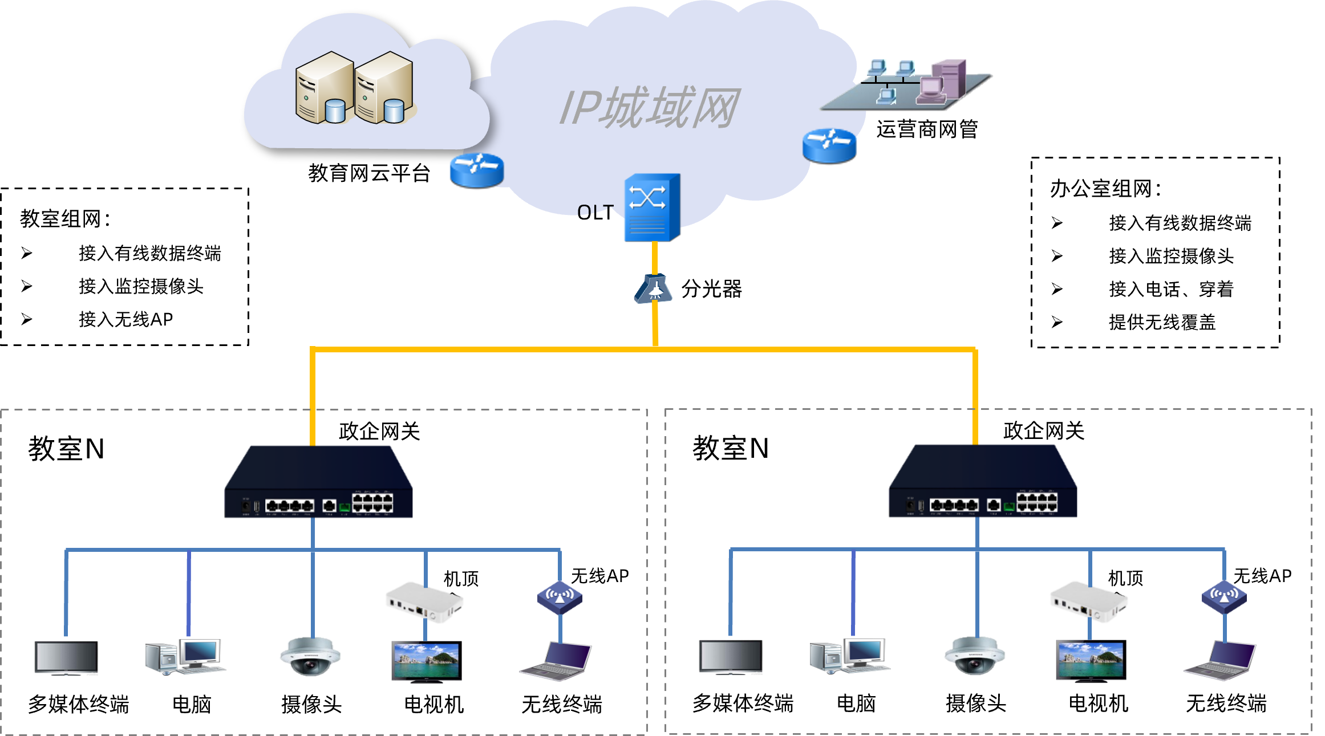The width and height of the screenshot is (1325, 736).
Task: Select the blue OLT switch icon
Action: click(x=651, y=207)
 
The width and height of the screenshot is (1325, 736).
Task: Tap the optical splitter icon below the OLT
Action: click(x=654, y=289)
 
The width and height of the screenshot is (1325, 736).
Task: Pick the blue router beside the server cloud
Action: click(x=476, y=169)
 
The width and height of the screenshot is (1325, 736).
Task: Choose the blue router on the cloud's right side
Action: click(x=829, y=145)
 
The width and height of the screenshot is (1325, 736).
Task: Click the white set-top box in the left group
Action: click(x=424, y=602)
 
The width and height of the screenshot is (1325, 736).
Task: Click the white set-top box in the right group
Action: click(x=1088, y=602)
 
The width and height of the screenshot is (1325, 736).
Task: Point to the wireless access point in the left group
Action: click(x=560, y=597)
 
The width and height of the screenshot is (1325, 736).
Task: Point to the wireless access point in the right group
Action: click(x=1224, y=597)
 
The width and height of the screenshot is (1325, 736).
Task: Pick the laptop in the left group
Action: click(x=556, y=661)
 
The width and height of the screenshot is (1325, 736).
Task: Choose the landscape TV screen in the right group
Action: click(x=1090, y=661)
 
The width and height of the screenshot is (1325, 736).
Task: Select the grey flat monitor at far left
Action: click(x=66, y=658)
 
